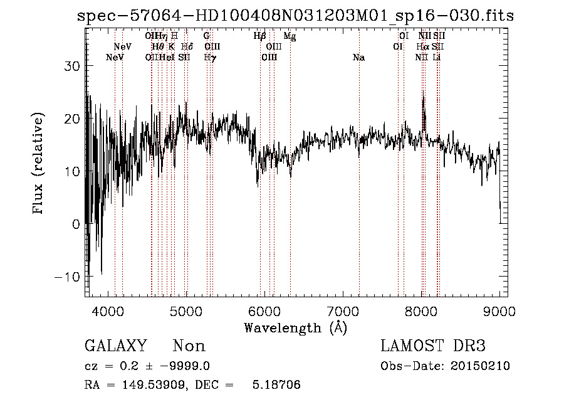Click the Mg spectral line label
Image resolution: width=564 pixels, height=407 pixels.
(290, 36)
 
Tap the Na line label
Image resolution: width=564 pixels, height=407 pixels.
(358, 58)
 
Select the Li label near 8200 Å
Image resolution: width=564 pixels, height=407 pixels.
(437, 58)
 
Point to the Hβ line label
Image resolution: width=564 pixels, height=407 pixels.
(259, 36)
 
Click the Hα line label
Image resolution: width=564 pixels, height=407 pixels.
(423, 47)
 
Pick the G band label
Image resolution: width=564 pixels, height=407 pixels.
(206, 36)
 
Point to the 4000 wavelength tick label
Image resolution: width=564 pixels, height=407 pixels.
(108, 310)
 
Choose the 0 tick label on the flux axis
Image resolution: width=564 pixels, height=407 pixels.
(76, 224)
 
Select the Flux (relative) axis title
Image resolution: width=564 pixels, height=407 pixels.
(39, 164)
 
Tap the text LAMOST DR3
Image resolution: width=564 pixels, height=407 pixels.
(433, 346)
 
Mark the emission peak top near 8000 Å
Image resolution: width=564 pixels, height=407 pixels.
(423, 96)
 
